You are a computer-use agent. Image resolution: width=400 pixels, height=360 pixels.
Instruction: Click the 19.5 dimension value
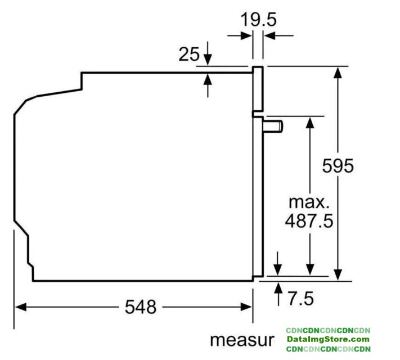258,20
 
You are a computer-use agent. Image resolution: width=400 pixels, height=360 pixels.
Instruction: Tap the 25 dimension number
189,55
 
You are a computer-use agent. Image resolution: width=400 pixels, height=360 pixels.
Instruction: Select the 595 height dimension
338,166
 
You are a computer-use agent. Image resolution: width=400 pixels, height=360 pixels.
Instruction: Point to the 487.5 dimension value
309,220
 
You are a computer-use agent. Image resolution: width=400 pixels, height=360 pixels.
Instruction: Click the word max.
309,202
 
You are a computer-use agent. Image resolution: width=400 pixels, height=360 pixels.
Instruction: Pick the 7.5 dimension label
301,298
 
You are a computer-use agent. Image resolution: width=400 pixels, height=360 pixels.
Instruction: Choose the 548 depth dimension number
141,307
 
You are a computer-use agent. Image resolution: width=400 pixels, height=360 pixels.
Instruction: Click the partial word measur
241,340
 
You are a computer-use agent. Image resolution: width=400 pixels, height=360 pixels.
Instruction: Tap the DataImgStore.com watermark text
328,339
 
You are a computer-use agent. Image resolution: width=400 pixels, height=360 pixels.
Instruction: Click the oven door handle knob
273,127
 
